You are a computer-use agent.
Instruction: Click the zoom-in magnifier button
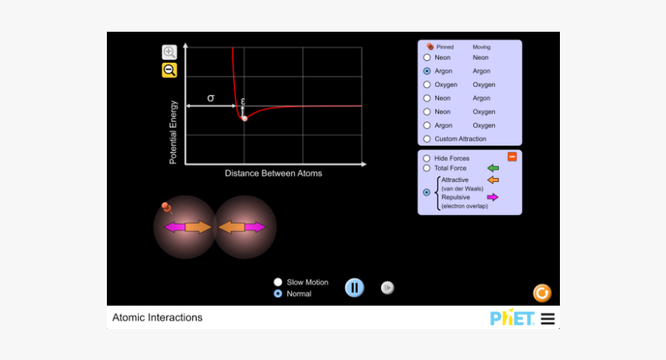pos(169,53)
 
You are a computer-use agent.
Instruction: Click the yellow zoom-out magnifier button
pos(169,70)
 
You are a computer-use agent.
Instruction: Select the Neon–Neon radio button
pos(427,57)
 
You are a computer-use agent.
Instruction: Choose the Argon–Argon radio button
pos(427,70)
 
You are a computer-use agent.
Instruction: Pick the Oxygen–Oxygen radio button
pos(427,84)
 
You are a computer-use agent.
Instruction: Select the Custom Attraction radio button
pos(427,139)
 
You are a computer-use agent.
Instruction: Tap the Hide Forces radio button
pos(427,158)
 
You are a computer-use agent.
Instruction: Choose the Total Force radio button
pos(427,168)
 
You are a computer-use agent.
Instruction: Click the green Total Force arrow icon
pos(493,168)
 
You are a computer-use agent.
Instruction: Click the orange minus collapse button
pos(512,157)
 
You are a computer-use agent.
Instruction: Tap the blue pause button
pos(354,288)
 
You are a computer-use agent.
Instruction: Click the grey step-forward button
pos(387,288)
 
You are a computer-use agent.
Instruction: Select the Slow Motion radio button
pos(278,283)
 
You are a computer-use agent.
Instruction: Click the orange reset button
pos(542,293)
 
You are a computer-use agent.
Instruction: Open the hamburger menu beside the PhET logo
pos(548,318)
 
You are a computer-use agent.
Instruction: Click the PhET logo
pos(512,318)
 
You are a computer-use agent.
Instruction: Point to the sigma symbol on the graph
pos(211,98)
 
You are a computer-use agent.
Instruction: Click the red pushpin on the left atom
pos(166,207)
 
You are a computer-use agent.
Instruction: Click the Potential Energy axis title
pos(173,132)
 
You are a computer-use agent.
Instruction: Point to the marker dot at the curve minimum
pos(244,118)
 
